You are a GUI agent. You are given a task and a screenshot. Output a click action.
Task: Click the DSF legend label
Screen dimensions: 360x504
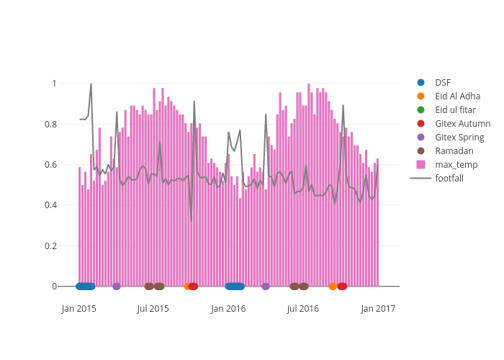point(442,83)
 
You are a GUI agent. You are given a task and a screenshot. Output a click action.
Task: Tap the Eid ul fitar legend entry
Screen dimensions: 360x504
point(456,110)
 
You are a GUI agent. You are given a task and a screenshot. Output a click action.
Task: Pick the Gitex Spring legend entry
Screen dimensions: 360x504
point(459,138)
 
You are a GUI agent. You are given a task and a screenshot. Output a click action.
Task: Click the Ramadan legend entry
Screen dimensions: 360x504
point(454,151)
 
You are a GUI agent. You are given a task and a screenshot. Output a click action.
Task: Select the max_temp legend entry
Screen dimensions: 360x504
point(456,165)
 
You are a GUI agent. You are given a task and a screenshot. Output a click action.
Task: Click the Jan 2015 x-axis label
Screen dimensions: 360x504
point(79,309)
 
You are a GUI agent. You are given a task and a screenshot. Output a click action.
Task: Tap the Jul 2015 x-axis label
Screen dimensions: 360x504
point(153,309)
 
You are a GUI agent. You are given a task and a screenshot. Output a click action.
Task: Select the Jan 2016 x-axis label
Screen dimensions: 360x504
point(228,309)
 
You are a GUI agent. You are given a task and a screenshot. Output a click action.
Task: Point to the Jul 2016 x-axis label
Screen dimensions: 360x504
point(303,309)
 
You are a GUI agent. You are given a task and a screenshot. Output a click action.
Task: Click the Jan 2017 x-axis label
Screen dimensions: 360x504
point(378,309)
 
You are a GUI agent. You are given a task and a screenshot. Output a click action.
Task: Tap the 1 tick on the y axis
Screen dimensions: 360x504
point(53,84)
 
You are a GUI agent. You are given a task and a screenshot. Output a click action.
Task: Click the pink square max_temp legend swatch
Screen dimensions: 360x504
point(420,165)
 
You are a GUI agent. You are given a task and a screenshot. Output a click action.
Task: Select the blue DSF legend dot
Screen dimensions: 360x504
point(420,83)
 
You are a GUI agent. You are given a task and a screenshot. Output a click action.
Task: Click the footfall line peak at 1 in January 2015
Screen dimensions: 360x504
point(91,84)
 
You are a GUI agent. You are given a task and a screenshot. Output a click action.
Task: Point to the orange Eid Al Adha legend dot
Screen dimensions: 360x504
point(420,96)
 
